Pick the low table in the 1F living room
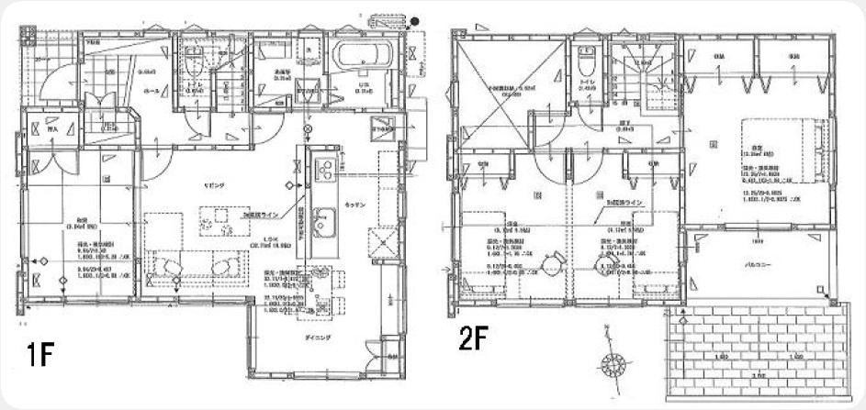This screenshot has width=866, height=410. tap(219, 219)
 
